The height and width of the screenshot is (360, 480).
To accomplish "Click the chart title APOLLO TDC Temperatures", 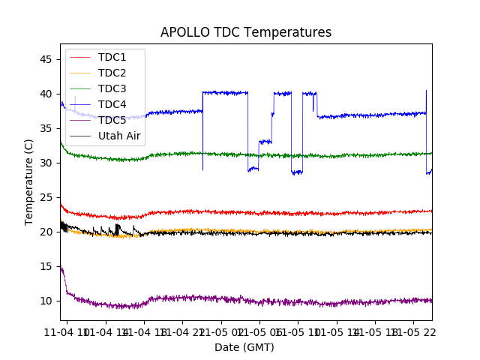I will point(245,32).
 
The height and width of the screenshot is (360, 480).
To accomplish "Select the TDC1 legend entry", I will point(112,57).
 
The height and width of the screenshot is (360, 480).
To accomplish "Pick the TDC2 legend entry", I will point(112,73).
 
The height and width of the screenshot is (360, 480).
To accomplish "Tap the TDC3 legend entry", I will point(112,88).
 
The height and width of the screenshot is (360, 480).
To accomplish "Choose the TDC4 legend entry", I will point(112,104).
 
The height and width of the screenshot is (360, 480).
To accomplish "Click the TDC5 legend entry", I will point(112,120).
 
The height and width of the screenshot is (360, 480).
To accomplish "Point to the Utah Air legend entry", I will point(119,136).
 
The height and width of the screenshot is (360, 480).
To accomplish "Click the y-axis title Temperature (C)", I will point(29,181).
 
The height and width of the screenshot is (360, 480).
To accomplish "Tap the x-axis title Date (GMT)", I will point(244,347).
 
